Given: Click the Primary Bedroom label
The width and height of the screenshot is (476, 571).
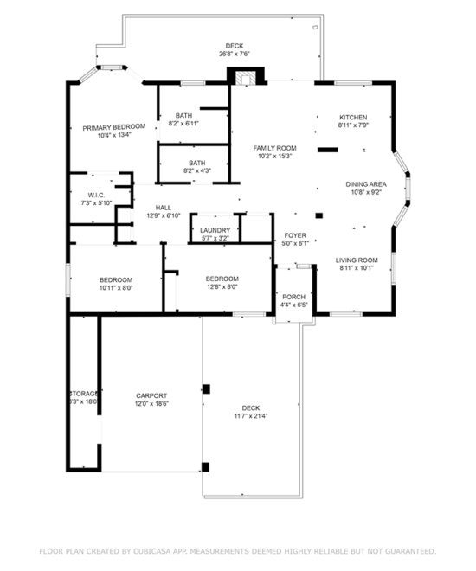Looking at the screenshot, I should click(x=114, y=126).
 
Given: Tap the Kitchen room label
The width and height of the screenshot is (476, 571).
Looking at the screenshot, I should click(x=353, y=117).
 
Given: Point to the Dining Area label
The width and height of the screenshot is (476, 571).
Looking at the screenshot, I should click(x=366, y=184).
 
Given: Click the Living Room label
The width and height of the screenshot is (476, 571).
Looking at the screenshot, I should click(x=357, y=260).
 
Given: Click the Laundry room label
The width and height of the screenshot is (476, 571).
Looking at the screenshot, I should click(x=215, y=230).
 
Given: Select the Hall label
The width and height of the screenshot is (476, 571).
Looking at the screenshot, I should click(x=163, y=208).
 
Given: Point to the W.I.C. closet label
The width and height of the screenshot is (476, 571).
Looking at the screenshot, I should click(x=96, y=196).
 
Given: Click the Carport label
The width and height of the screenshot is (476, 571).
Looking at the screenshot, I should click(x=151, y=395).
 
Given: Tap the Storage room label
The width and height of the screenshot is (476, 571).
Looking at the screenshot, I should click(x=84, y=394).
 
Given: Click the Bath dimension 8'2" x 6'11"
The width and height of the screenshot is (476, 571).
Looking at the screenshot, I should click(x=183, y=125).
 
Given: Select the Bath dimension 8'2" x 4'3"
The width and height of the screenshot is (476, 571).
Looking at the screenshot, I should click(x=197, y=171).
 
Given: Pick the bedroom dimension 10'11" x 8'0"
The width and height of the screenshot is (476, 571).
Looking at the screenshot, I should click(x=115, y=288).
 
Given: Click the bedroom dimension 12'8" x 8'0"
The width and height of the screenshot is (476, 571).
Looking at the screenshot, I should click(x=222, y=287).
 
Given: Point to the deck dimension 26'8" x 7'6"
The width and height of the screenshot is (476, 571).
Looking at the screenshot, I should click(x=235, y=55).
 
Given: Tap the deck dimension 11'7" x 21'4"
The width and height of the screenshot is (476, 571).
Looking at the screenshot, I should click(x=251, y=416).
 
